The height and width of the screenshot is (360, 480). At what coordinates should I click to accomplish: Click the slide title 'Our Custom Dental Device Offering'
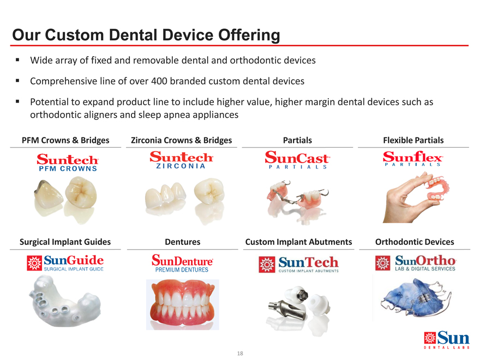coord(146,35)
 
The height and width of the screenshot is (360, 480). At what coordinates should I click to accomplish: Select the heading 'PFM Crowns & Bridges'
coord(65,140)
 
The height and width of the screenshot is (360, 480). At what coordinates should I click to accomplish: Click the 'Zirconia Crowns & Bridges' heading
coord(181,140)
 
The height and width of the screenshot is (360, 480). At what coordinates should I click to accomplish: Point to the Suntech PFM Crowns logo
coord(68,162)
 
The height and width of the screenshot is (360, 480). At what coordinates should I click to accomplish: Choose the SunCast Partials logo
coord(297,160)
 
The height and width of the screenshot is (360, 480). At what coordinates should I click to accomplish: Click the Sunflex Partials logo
coord(413,159)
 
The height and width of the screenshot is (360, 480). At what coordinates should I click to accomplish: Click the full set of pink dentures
coord(182,304)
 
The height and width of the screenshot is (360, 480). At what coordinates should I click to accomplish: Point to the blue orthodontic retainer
coord(416,297)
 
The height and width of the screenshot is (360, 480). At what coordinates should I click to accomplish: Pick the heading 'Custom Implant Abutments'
coord(298,242)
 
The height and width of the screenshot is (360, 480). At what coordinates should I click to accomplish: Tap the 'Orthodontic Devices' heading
coord(415,242)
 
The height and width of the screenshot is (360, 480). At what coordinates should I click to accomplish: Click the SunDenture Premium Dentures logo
coord(182,263)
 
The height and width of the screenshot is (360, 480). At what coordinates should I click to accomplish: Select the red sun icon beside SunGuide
coord(34,263)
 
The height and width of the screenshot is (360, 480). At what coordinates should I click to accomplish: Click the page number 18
coord(240,353)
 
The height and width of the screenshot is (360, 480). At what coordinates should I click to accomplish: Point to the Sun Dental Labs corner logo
coord(447,340)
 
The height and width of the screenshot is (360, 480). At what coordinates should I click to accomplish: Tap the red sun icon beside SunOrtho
coord(383,263)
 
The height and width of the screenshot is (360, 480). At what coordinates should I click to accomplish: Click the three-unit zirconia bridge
coord(165,196)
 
